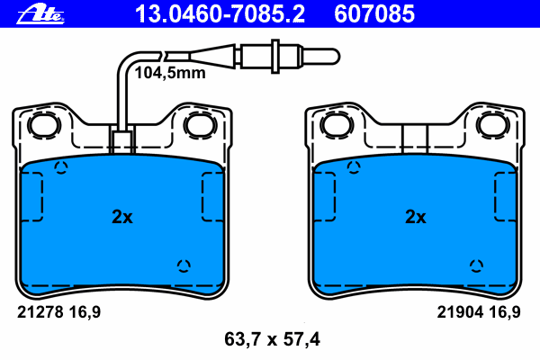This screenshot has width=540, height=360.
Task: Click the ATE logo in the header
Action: pos(40,14)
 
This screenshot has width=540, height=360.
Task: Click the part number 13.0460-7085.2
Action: pos(220,14)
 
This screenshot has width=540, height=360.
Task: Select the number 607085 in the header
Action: pos(374,14)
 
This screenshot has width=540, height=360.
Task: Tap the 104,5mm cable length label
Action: pos(170,73)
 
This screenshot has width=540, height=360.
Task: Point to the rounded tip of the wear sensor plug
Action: pos(336,56)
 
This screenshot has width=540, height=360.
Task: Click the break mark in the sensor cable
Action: pos(164,55)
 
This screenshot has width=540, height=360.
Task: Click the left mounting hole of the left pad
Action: pos(44,125)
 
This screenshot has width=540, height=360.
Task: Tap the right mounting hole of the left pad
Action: pos(200,125)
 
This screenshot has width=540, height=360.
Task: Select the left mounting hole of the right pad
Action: pos(337,125)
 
